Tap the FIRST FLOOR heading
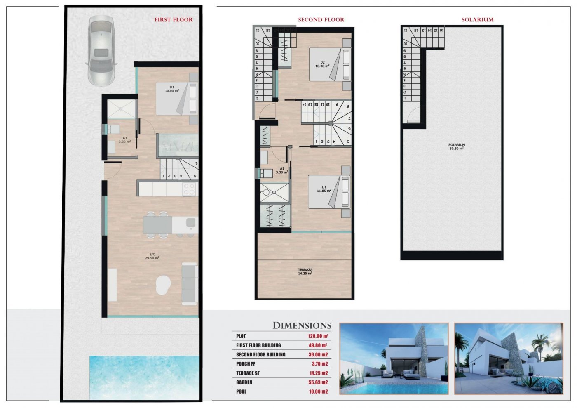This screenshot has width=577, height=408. pyautogui.click(x=174, y=19)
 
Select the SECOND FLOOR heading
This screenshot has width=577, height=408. pyautogui.click(x=321, y=19)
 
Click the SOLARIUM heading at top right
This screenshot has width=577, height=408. pyautogui.click(x=477, y=19)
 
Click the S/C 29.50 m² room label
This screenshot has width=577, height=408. pyautogui.click(x=152, y=256)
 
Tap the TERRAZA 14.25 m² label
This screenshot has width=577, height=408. pyautogui.click(x=305, y=271)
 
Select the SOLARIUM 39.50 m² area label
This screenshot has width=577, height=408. pyautogui.click(x=456, y=146)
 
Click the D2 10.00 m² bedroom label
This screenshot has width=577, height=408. pyautogui.click(x=322, y=64)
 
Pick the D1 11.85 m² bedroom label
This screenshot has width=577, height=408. pyautogui.click(x=324, y=189)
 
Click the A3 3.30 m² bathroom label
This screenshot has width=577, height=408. pyautogui.click(x=124, y=140)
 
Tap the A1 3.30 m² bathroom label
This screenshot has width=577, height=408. pyautogui.click(x=282, y=170)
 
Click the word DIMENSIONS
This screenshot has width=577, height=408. pyautogui.click(x=302, y=325)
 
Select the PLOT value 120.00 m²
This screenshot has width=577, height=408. pyautogui.click(x=318, y=336)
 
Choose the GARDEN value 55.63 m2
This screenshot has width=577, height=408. pyautogui.click(x=318, y=382)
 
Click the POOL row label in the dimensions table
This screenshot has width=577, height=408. pyautogui.click(x=241, y=391)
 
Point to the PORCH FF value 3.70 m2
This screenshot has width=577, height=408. pyautogui.click(x=319, y=364)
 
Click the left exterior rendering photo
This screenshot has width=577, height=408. pyautogui.click(x=394, y=358)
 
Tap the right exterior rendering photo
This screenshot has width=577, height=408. pyautogui.click(x=508, y=358)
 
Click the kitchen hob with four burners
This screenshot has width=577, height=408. pyautogui.click(x=189, y=189)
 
